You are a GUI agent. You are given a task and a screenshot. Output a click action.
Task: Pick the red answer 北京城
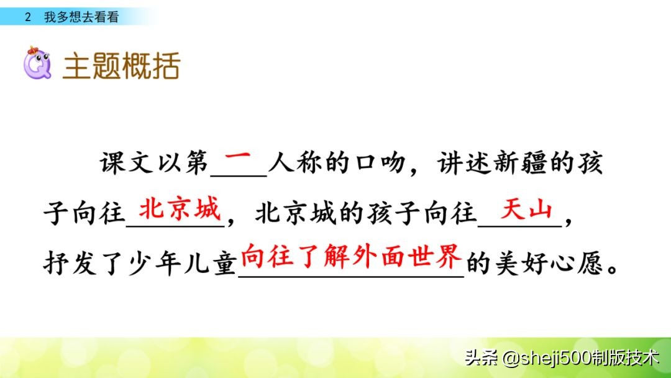click(x=180, y=210)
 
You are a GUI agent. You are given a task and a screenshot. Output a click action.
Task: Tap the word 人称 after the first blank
click(x=295, y=165)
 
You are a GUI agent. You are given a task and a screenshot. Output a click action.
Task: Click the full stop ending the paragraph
click(x=613, y=270)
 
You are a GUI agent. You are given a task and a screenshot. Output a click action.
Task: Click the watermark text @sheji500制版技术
click(x=580, y=357)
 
